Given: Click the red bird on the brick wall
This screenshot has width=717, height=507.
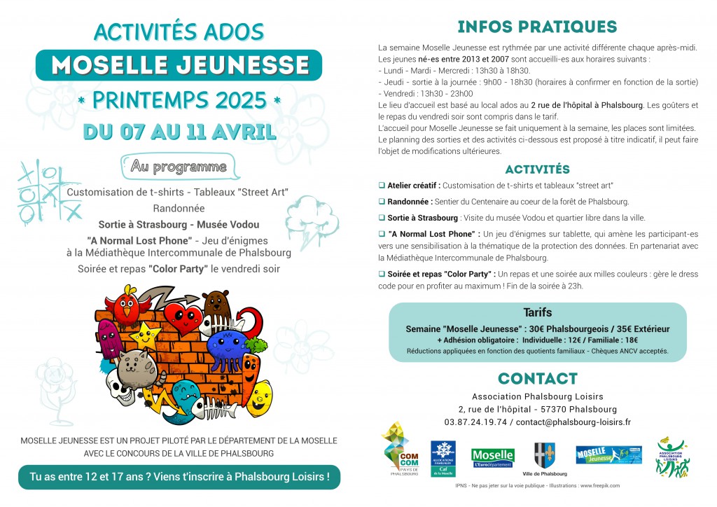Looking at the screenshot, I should pos(128,303).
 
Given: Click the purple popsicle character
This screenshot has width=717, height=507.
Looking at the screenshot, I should pos(109,338).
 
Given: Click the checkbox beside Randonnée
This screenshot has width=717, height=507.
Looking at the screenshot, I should pos(382,201).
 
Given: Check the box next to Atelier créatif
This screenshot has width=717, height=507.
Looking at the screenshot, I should pos(382,185).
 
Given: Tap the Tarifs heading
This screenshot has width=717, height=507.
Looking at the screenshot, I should pos(537,312).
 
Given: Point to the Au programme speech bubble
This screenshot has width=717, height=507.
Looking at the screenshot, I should pos(179,167).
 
